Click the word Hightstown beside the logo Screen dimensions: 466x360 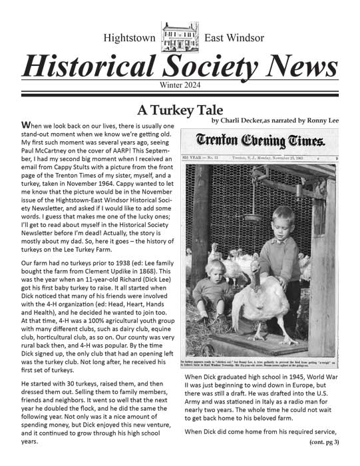pyautogui.click(x=131, y=37)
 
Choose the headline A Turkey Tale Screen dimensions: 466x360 pyautogui.click(x=180, y=109)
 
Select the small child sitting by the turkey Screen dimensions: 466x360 pyautogui.click(x=217, y=286)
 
